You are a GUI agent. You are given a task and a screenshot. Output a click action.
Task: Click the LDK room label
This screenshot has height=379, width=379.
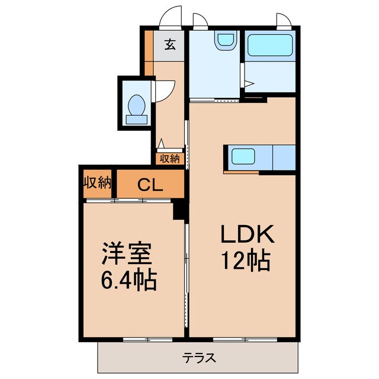click(x=247, y=236)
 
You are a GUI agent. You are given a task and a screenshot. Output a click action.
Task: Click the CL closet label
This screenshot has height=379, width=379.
click(x=150, y=185)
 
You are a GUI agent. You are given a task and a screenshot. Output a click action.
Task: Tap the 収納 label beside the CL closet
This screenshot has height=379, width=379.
click(x=97, y=182)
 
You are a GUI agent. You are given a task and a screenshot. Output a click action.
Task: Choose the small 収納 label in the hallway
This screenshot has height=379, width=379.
click(x=170, y=159)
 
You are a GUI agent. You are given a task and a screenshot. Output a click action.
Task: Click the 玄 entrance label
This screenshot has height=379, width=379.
click(x=169, y=44)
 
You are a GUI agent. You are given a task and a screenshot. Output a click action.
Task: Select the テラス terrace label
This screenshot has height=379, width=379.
click(x=198, y=358)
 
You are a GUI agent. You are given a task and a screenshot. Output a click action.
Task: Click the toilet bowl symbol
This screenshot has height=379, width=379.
click(x=137, y=105)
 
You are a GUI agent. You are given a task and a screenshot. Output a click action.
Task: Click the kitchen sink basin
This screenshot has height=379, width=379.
click(x=243, y=157)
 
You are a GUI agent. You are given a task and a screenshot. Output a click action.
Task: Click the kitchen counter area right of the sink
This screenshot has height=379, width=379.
click(x=284, y=158)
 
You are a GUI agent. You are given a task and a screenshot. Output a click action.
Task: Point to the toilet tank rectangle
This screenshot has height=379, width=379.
click(x=137, y=120)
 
